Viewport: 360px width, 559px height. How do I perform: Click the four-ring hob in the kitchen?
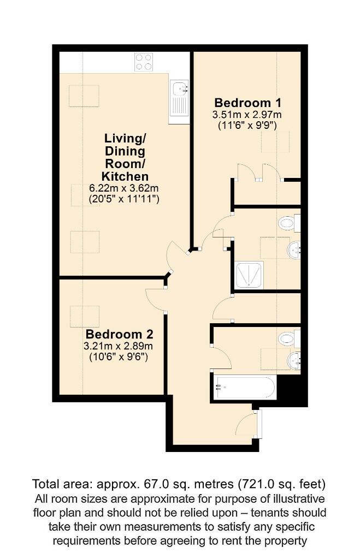[144, 62]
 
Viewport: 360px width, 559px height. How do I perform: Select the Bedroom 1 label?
[243, 103]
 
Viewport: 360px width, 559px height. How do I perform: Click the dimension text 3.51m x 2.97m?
[247, 115]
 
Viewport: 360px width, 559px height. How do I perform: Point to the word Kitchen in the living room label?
[125, 176]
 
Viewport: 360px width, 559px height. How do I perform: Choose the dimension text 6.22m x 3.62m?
[125, 188]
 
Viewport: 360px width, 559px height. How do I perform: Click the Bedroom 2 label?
[119, 334]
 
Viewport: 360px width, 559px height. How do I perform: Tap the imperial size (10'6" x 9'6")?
[119, 358]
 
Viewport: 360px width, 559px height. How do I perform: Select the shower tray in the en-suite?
[249, 275]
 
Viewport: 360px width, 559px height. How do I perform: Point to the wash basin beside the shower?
[294, 251]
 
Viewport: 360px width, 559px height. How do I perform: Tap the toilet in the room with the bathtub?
[288, 338]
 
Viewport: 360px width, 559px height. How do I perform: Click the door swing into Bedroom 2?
[156, 299]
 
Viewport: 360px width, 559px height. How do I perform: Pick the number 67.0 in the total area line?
[167, 484]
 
